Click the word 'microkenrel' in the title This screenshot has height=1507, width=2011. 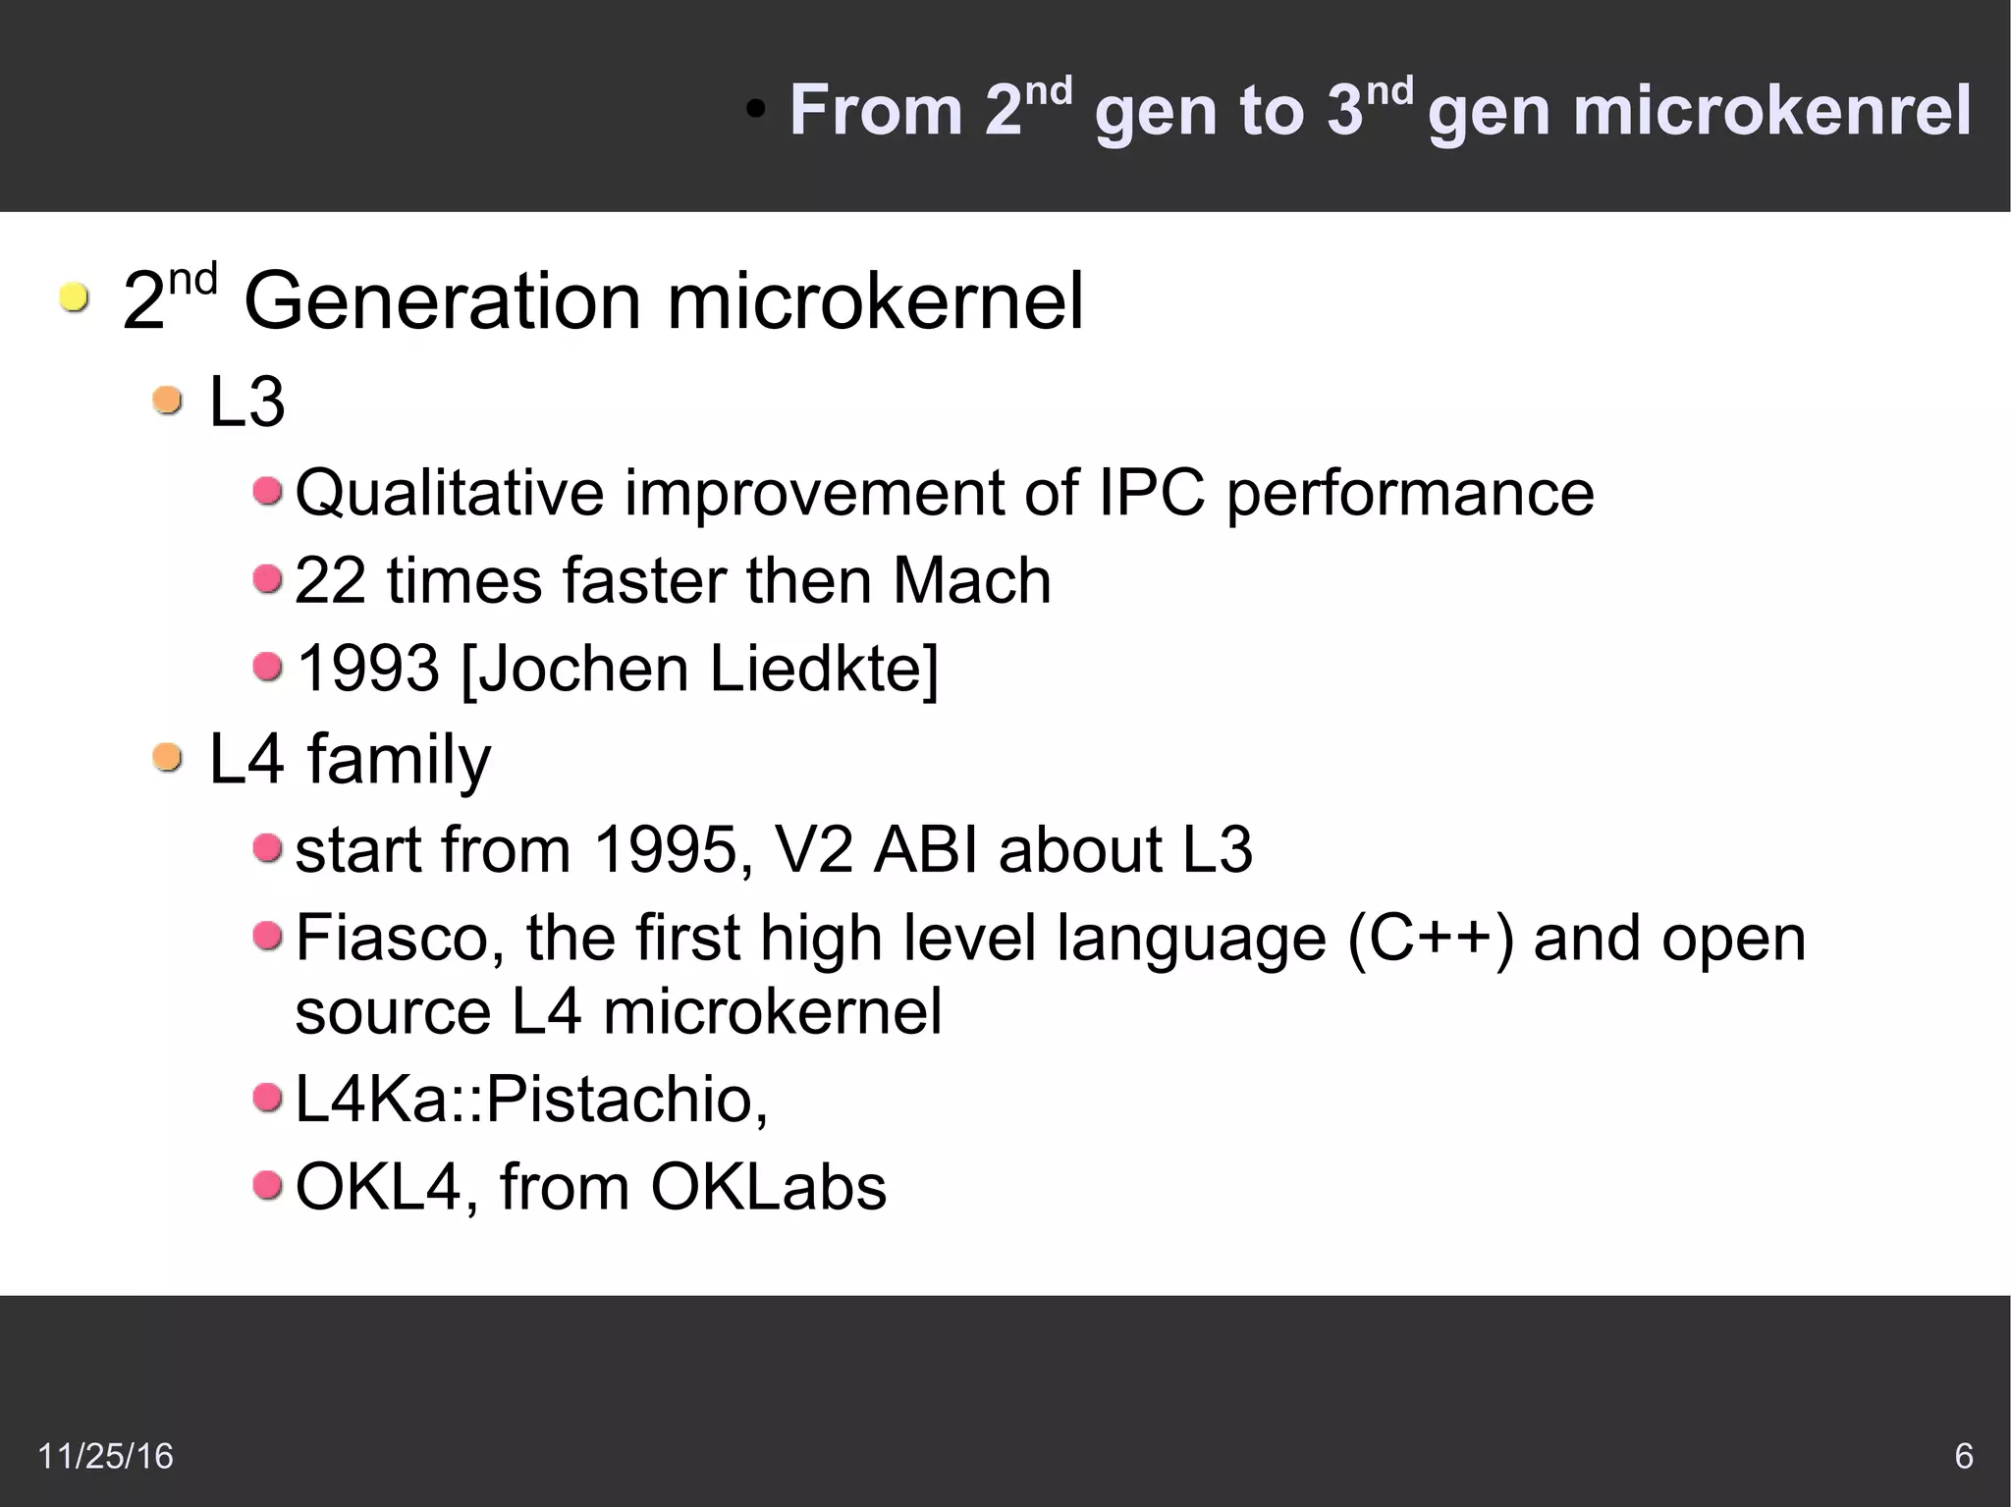coord(1771,110)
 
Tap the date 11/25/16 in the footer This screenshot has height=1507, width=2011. coord(105,1456)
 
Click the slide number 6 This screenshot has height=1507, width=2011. coord(1964,1456)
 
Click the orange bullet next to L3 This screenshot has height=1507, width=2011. coord(168,401)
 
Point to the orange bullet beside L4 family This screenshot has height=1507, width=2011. coord(168,758)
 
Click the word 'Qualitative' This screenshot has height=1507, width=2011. coord(449,493)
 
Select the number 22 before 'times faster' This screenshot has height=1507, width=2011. coord(330,580)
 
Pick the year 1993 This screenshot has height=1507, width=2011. coord(368,669)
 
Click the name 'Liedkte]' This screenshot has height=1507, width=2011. coord(823,669)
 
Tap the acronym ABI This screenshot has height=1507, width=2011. coord(925,849)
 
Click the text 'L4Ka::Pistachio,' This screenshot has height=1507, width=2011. coord(531,1099)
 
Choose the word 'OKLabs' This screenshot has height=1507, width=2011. coord(768,1187)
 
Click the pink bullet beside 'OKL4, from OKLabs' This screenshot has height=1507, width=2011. coord(267,1186)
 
